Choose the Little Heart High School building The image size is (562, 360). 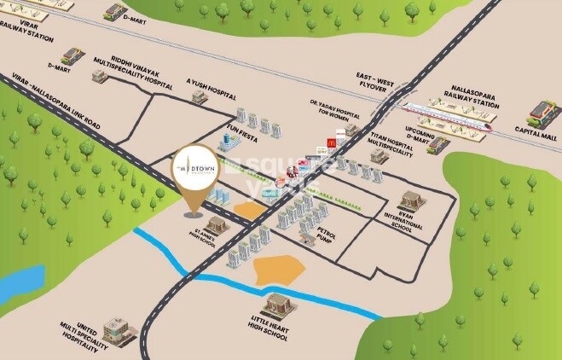tap(278, 305)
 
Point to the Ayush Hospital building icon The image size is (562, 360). tap(199, 97)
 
